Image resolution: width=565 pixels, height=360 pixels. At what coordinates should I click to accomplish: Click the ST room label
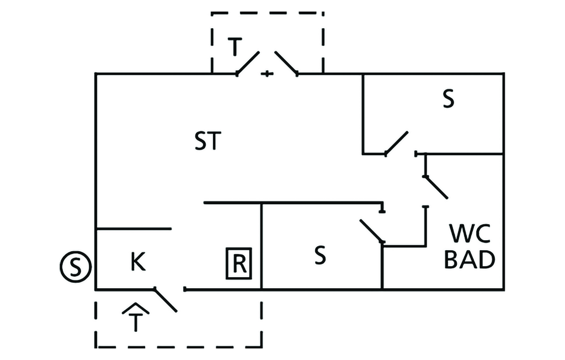coord(207,142)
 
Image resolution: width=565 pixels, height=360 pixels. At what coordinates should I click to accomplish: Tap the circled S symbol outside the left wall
coord(74,267)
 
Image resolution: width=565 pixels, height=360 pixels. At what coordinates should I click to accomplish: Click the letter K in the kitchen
coord(138,262)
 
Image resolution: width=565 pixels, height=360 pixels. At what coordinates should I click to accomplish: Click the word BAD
coord(469,260)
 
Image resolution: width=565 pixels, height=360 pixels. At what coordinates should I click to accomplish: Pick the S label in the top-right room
coord(449,100)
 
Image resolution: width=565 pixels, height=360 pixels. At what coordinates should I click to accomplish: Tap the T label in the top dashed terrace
coord(234,48)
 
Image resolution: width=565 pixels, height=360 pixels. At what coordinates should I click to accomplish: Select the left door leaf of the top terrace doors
coord(248,63)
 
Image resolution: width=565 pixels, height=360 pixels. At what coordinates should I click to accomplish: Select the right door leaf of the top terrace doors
coord(286,63)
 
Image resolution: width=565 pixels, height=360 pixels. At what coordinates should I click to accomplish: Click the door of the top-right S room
coord(396,143)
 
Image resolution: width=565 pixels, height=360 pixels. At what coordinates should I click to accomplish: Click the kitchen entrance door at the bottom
coord(166,300)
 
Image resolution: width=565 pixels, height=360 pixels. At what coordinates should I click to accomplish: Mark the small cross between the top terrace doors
coord(267,73)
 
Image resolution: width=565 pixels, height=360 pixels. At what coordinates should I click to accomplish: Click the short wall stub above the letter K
coord(134,229)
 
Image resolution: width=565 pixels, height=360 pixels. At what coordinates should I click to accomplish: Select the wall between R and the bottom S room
coord(261,246)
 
